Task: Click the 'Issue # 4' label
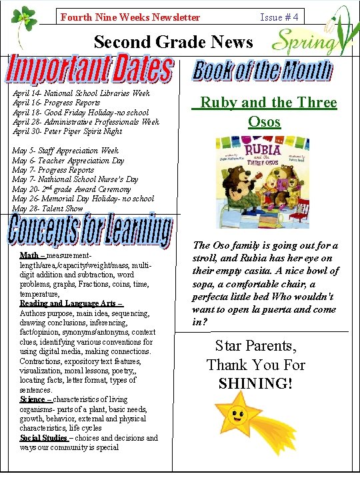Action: [279, 17]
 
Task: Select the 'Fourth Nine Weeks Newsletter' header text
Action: [130, 17]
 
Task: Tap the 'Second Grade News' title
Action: [173, 42]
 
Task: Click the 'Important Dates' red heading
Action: [90, 71]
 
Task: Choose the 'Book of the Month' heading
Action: [263, 71]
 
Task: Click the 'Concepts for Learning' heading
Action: [91, 231]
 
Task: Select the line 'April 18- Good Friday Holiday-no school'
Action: [81, 113]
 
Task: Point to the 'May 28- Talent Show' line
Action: [47, 209]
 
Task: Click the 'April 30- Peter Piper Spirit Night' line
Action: [68, 131]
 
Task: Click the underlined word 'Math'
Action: [29, 255]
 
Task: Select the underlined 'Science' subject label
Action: [32, 399]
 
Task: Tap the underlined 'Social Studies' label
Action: [43, 438]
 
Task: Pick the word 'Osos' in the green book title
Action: [264, 122]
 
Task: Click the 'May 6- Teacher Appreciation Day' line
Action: [68, 161]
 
